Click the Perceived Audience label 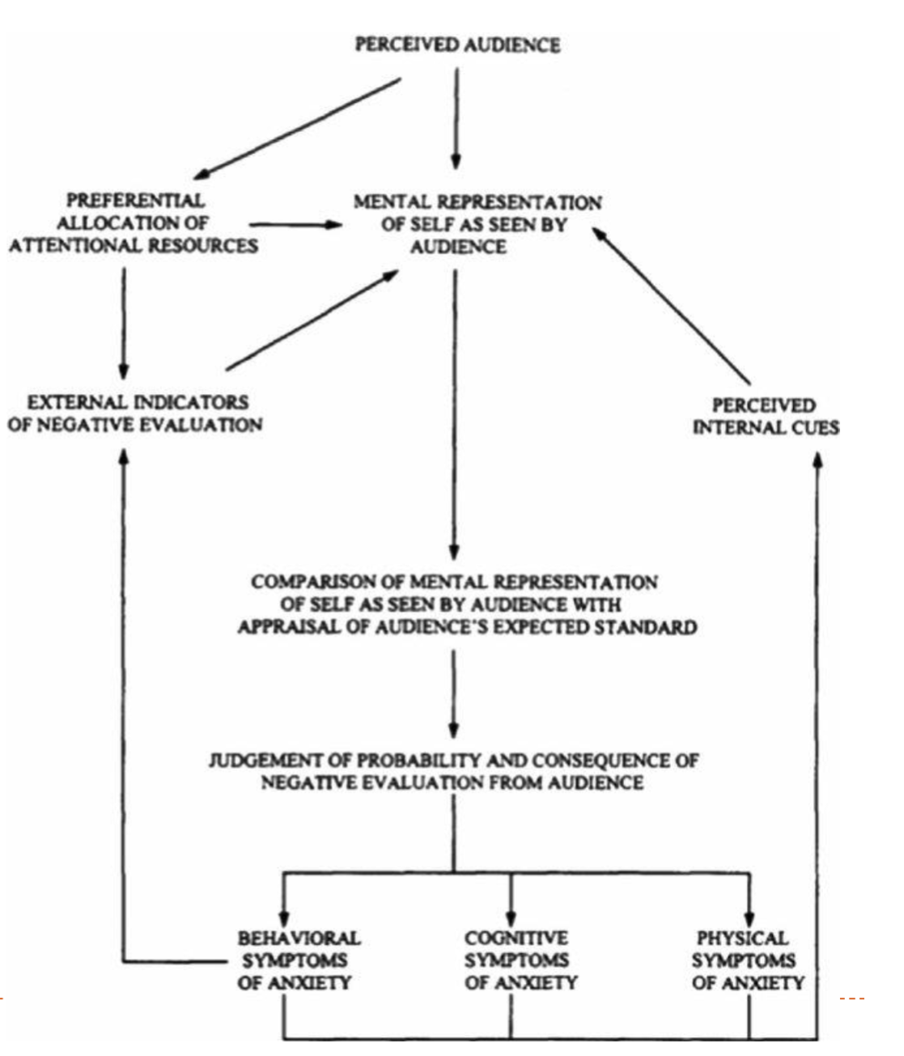pos(457,45)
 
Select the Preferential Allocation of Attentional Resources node pos(134,223)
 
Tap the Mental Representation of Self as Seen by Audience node pos(477,224)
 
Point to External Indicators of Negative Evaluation pos(135,413)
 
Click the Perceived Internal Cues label pos(765,416)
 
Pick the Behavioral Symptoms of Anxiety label pos(297,961)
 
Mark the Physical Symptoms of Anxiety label pos(746,961)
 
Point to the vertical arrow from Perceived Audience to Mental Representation pos(456,117)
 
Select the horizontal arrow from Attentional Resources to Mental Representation pos(296,224)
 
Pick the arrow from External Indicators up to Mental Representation pos(312,320)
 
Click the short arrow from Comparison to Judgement pos(453,692)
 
